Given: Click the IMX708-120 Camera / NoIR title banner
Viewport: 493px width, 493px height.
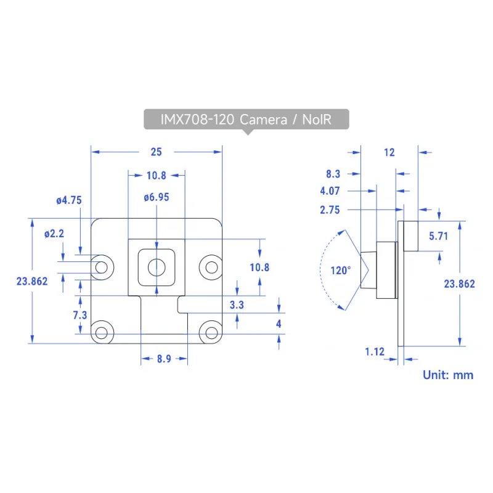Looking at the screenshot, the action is (x=246, y=119).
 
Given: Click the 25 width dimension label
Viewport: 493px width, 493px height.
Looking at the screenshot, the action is (x=157, y=152).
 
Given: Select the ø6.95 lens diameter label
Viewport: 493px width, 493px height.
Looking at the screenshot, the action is (x=157, y=197).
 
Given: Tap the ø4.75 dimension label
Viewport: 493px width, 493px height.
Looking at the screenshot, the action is (x=69, y=200).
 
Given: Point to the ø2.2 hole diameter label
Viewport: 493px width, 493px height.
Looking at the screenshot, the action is (x=54, y=234).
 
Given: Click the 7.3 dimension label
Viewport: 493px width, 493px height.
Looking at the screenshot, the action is (x=80, y=315).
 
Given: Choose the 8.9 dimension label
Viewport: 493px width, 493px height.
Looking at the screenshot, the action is (x=164, y=359).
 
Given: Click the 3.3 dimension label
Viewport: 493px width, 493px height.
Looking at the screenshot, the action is (x=237, y=304).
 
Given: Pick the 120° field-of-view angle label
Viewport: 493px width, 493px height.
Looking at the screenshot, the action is (x=341, y=271).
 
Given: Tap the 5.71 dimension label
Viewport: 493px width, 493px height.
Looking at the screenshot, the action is (x=438, y=236).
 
